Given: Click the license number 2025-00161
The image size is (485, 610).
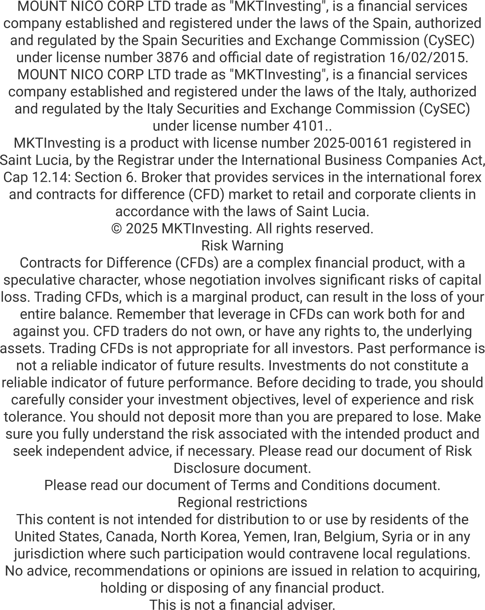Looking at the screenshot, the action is point(351,143).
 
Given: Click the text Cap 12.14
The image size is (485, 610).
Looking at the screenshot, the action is point(35,177).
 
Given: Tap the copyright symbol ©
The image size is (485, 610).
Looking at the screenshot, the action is point(117,229).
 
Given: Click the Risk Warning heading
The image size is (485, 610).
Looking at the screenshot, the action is point(242,246).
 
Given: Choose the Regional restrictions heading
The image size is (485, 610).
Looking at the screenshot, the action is point(242,502).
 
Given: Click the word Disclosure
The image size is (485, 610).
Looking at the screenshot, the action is point(201,468).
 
